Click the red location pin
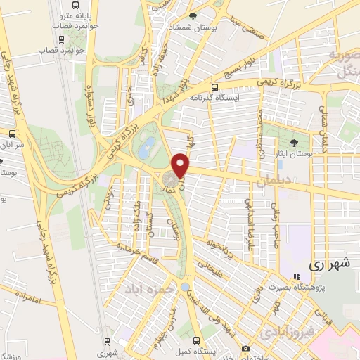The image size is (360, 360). pos(181,165)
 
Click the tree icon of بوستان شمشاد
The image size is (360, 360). pos(203,15)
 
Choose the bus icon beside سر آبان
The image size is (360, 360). pos(11,132)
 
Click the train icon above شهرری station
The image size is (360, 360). pos(105,342)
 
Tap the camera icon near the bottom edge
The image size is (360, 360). pos(245,349)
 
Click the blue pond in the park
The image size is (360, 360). pos(147,147)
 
